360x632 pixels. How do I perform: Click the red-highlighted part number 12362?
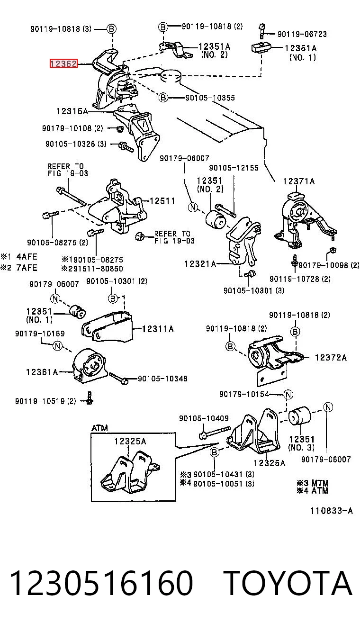click(63, 64)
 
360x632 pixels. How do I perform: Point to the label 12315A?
click(72, 111)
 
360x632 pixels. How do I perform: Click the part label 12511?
click(162, 201)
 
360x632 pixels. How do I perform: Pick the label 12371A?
click(299, 181)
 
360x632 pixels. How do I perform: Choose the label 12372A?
click(331, 358)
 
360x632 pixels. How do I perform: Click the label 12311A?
click(158, 329)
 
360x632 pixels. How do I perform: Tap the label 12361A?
click(42, 372)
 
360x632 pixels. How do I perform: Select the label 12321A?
click(200, 264)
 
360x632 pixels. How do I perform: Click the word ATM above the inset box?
click(99, 428)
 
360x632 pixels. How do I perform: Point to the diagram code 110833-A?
click(332, 511)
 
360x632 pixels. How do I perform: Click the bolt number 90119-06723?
click(302, 34)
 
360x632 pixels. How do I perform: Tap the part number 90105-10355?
click(210, 98)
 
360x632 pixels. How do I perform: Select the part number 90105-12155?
click(234, 168)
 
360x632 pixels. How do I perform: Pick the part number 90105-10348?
click(162, 379)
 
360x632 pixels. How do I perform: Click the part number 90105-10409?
click(204, 418)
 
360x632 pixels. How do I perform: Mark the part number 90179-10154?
click(244, 394)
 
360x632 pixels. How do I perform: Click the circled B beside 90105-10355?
click(163, 98)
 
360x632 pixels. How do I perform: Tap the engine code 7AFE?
click(27, 268)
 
